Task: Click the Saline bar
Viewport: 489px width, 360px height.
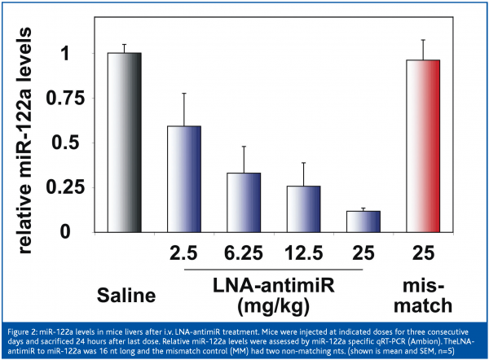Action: point(125,143)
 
